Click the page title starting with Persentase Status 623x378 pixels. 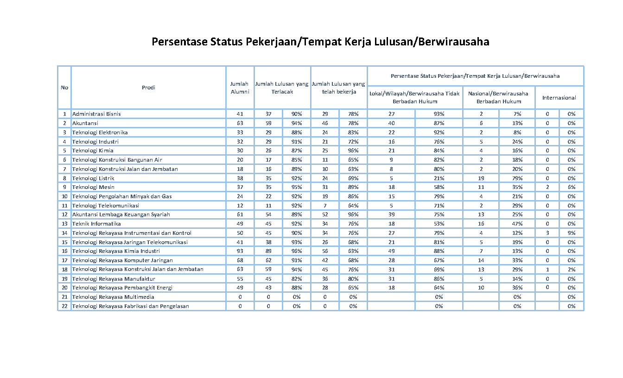320,42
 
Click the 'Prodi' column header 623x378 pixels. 148,88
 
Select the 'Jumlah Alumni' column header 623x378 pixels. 240,88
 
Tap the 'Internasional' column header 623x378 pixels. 559,98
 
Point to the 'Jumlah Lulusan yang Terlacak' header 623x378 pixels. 282,88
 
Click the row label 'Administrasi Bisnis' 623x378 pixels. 96,114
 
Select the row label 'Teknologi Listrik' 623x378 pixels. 93,178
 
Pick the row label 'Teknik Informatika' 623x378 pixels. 96,224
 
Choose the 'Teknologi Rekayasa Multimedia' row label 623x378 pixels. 113,297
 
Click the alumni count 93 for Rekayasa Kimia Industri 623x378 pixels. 240,251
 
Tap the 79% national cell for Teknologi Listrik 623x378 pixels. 517,178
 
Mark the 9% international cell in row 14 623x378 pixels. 571,233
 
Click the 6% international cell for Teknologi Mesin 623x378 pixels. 571,187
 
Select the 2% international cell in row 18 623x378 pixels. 571,269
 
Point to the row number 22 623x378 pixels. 64,306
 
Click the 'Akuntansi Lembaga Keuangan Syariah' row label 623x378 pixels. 121,214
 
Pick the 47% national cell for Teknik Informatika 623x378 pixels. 517,224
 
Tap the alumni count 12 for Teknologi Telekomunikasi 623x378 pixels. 240,206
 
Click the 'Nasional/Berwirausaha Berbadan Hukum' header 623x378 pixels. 498,98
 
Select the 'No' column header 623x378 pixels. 64,88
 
